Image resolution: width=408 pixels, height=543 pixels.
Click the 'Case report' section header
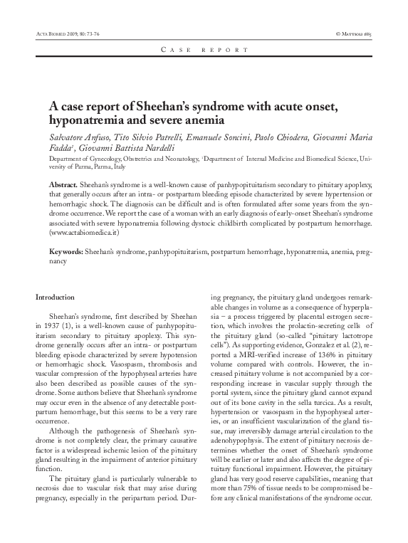tap(204, 50)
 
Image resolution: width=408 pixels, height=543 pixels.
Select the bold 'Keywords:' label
tap(66, 253)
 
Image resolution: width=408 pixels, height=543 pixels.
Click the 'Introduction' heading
tap(55, 296)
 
